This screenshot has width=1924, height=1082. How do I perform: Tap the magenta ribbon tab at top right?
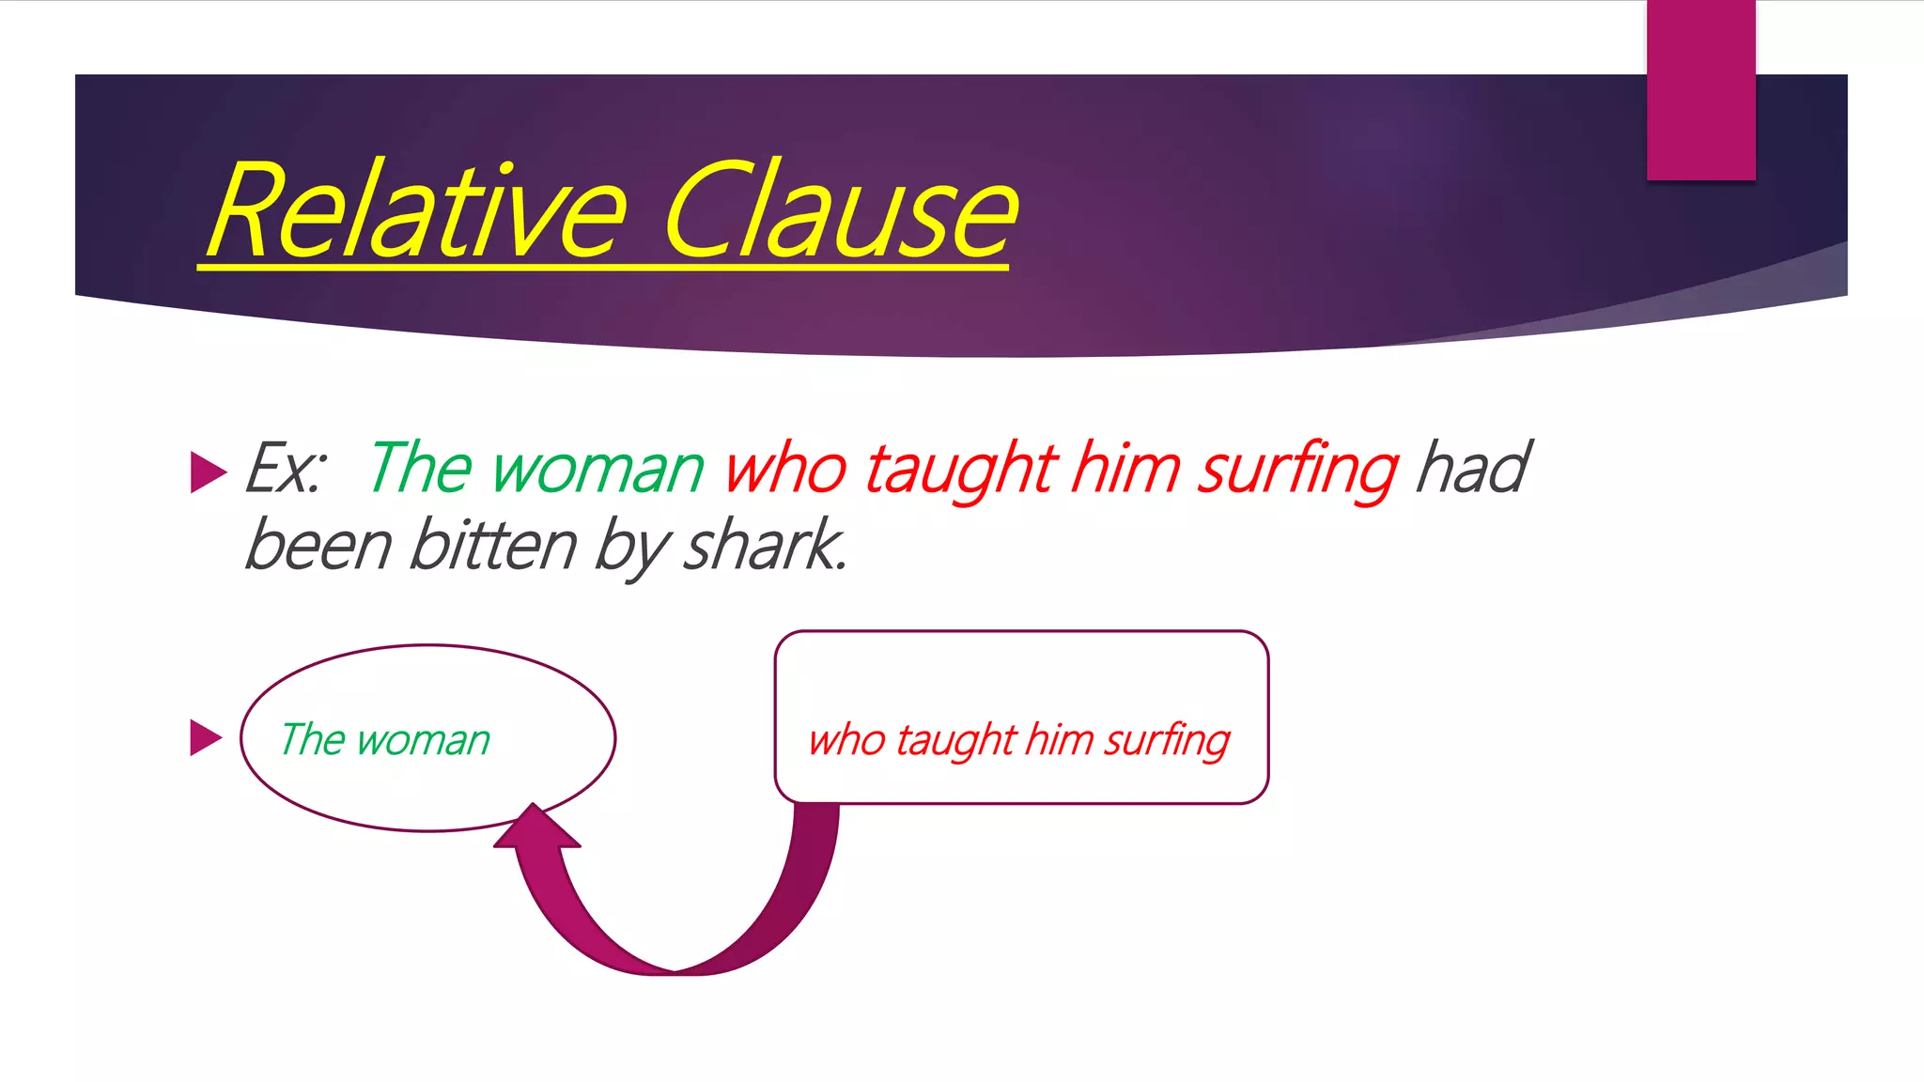coord(1700,90)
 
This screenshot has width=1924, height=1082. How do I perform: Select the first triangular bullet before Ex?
coord(208,471)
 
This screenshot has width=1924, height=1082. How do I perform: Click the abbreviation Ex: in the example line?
coord(286,469)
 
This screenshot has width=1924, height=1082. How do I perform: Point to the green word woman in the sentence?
coord(597,469)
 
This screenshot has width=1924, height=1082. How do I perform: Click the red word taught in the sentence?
coord(960,469)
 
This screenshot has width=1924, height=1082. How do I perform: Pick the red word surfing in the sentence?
coord(1297,469)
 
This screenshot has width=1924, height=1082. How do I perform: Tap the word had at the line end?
coord(1472,469)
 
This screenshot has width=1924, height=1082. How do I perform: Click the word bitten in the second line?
coord(493,546)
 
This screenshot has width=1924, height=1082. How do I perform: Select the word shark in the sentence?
coord(763,546)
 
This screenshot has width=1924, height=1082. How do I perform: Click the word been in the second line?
coord(318,546)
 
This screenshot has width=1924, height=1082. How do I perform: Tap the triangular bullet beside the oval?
coord(206,737)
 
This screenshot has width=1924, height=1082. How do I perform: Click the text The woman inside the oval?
coord(385,740)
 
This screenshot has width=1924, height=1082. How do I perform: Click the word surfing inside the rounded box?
coord(1166,742)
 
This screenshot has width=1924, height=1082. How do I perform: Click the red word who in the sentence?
coord(785,469)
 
